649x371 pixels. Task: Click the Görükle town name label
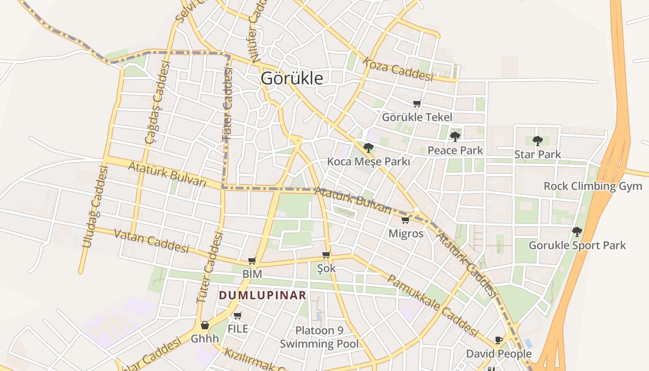pos(292,78)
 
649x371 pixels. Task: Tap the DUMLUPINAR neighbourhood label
pos(262,295)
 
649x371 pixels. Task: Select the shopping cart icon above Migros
pos(405,220)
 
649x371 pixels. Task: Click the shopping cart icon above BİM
pos(252,261)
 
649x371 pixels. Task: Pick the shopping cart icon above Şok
pos(326,255)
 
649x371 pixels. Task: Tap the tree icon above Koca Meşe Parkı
pos(369,148)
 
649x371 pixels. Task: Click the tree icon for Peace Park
pos(455,136)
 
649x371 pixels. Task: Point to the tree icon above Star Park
pos(537,141)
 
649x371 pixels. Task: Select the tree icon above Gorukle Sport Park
pos(577,231)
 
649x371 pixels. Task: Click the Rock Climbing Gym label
pos(593,186)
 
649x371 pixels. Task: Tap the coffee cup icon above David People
pos(499,340)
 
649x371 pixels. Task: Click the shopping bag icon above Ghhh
pos(204,325)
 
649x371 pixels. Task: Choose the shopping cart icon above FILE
pos(238,316)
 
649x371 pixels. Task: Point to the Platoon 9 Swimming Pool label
pos(319,337)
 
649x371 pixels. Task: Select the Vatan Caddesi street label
pos(152,242)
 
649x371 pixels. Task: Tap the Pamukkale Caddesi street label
pos(432,306)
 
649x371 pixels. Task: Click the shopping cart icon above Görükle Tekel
pos(417,104)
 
